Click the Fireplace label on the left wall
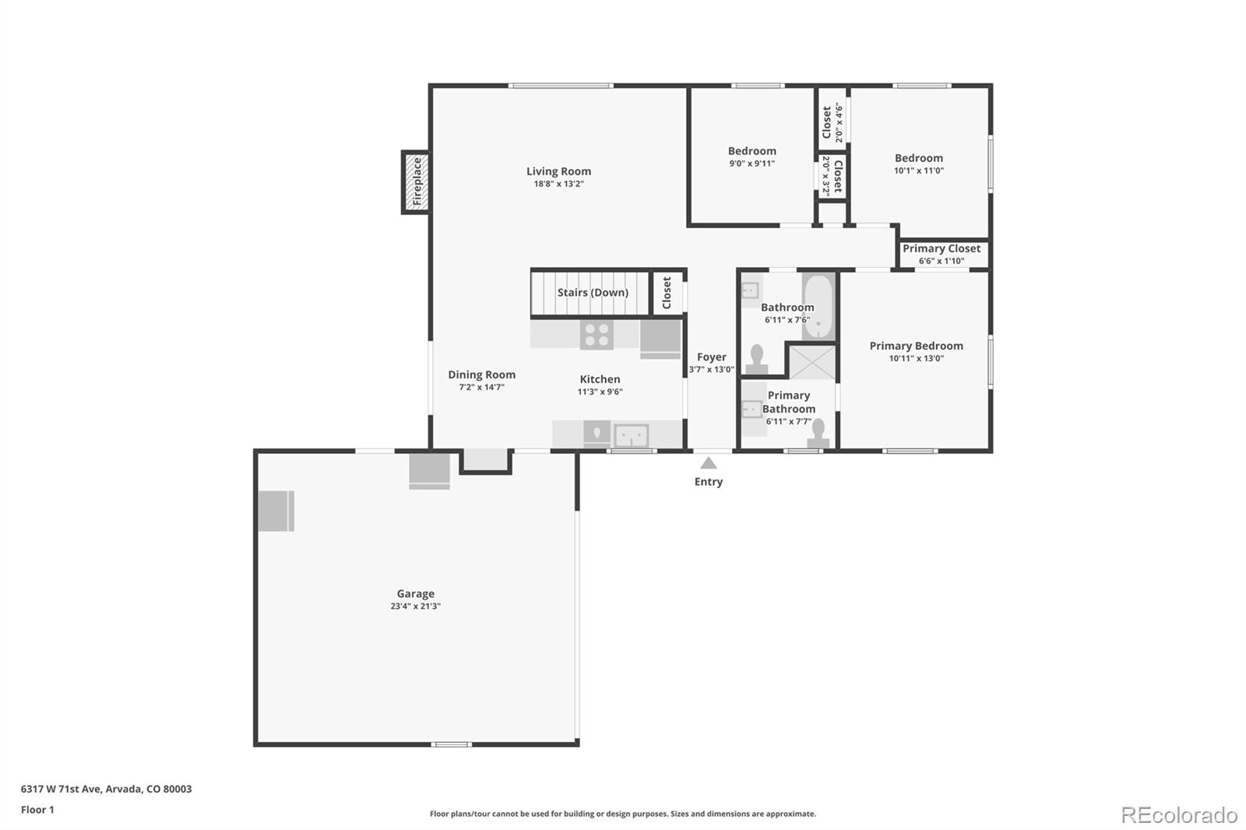click(417, 181)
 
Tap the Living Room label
click(558, 171)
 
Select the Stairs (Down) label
click(592, 293)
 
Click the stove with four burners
click(597, 335)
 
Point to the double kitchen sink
click(631, 435)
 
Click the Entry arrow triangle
click(708, 463)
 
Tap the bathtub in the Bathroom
click(818, 306)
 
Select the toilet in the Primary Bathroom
click(818, 433)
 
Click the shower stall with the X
click(812, 363)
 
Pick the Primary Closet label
click(942, 248)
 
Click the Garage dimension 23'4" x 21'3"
click(415, 607)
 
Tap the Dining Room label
click(481, 375)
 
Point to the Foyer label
click(711, 357)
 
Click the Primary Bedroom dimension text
click(916, 359)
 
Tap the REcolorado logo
click(1178, 815)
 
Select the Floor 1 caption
click(37, 810)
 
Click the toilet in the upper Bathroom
click(756, 360)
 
